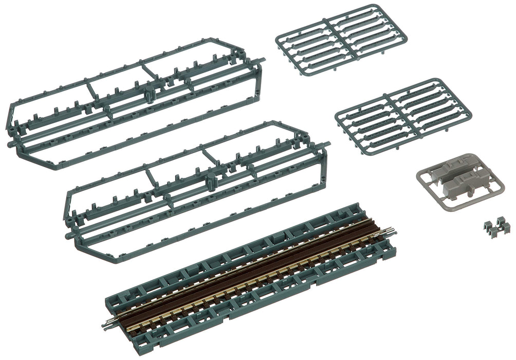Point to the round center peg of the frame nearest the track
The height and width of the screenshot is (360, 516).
coord(210,181)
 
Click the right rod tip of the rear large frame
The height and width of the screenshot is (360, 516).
coord(265,61)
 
